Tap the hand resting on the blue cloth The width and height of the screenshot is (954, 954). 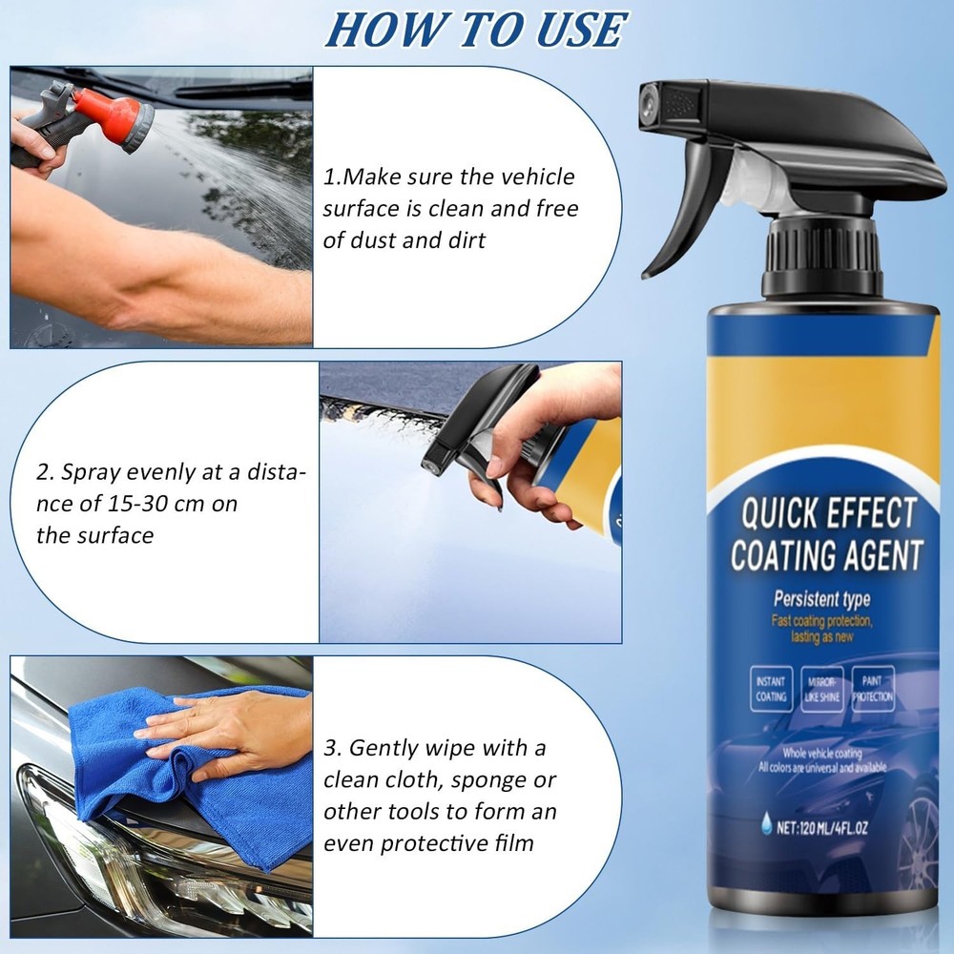click(x=229, y=730)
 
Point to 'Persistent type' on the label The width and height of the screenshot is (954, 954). click(x=820, y=601)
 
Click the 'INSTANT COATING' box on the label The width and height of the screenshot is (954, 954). click(x=771, y=689)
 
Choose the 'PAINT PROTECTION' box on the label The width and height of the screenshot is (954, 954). click(x=873, y=689)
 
